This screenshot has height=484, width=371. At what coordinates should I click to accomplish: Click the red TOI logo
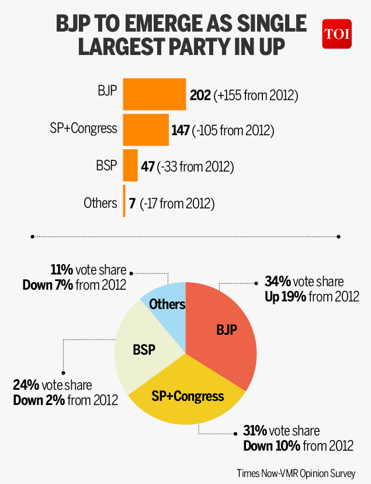[x=337, y=34]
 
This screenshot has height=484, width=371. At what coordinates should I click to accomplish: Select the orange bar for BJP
[x=154, y=94]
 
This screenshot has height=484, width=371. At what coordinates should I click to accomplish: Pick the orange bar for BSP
[x=130, y=166]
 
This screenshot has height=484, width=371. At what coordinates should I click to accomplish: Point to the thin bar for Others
[x=124, y=202]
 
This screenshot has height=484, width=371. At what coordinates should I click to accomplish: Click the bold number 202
[x=200, y=94]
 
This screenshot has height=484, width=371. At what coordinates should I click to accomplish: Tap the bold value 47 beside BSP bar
[x=148, y=167]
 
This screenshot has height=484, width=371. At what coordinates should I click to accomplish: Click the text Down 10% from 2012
[x=298, y=445]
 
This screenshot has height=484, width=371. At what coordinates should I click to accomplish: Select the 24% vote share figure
[x=26, y=385]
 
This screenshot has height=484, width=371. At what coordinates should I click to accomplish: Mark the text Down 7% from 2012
[x=74, y=285]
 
